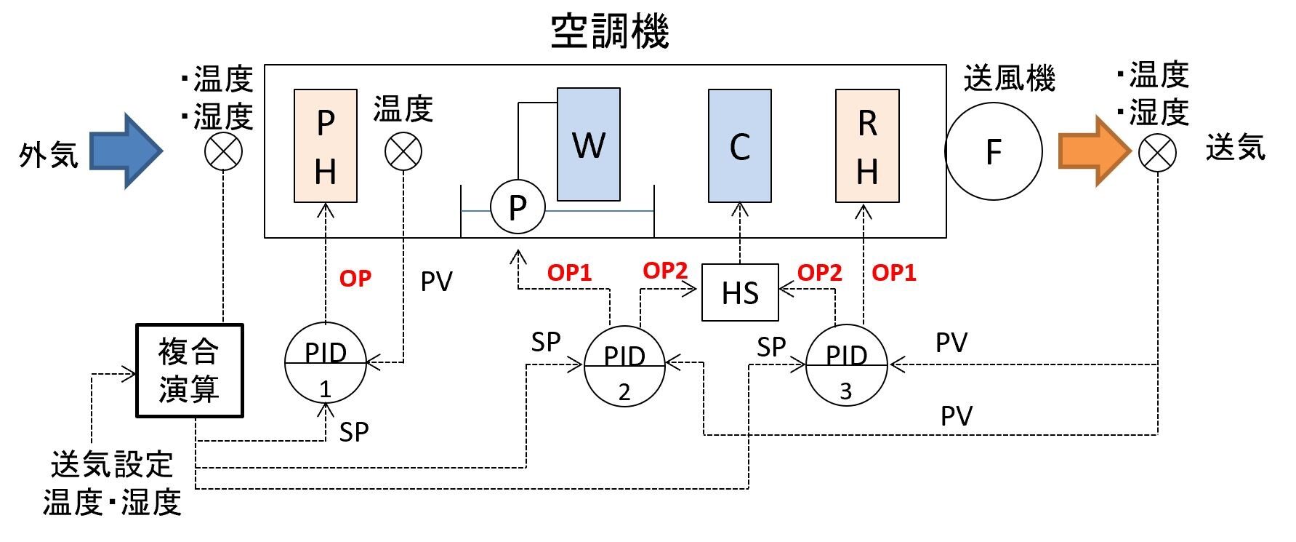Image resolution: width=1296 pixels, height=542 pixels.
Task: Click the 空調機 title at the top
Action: pos(609,32)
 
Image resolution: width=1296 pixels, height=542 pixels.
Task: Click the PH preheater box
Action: pos(326,146)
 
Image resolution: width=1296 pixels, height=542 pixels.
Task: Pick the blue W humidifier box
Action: pos(589,145)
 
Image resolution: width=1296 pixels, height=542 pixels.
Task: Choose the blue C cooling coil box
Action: pos(740,146)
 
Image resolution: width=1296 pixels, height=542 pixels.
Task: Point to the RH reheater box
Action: pos(867,146)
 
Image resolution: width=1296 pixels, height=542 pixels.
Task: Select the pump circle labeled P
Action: pos(518,207)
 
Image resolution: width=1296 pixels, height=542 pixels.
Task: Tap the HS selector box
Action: pos(740,293)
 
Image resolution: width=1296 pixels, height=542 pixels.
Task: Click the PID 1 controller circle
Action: pos(325,363)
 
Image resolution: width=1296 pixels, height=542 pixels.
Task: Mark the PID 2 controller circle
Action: pos(624,366)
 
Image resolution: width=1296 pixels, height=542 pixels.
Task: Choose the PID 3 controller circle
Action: pos(846,365)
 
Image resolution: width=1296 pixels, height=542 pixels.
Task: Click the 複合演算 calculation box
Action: pos(190,371)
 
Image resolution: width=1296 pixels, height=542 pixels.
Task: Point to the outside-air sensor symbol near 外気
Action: pos(223,152)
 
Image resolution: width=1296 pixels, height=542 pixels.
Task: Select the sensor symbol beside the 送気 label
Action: pos(1157,153)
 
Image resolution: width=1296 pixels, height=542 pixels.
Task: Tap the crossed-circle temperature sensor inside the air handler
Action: pos(403,152)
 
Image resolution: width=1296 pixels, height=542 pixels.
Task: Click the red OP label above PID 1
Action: pos(355,279)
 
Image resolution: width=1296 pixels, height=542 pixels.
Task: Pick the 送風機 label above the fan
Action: pos(1009,79)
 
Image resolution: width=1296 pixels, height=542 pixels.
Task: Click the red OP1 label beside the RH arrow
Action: pos(894,273)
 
